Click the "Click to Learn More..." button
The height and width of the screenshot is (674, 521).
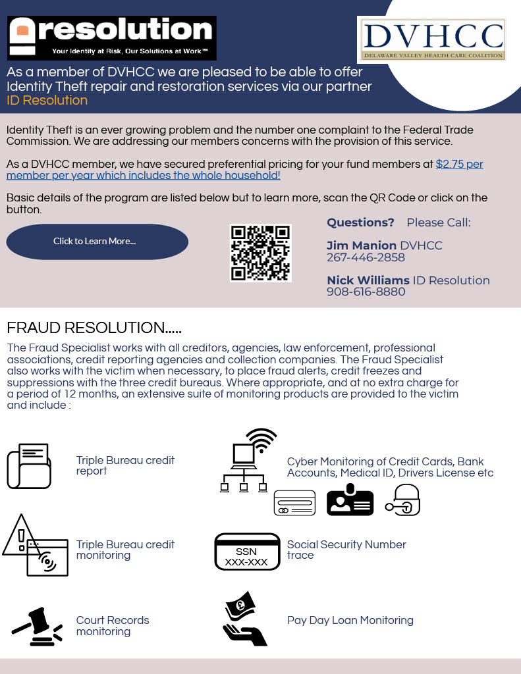point(97,242)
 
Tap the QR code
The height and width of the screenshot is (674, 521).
point(260,253)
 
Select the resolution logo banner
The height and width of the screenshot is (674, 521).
point(112,38)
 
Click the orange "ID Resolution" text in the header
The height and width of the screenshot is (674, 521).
point(47,101)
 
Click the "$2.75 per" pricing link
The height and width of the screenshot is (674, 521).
point(459,164)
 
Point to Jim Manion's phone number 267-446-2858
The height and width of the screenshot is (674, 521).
point(366,257)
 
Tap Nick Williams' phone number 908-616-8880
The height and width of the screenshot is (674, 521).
point(366,292)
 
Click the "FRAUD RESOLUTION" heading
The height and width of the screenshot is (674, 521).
point(94,328)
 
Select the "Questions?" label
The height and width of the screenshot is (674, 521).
point(360,222)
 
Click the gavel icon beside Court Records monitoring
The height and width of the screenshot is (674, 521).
point(38,627)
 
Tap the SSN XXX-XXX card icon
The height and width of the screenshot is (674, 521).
point(247,552)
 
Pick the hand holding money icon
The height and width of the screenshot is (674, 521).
point(244,619)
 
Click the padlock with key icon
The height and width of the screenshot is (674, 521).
point(403,500)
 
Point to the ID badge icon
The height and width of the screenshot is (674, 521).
point(350,500)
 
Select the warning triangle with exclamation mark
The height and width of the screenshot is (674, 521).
point(20,536)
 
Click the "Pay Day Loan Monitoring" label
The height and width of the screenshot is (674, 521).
point(350,620)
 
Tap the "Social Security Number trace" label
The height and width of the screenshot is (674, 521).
point(346,550)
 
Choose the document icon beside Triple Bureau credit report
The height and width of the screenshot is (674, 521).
point(29,466)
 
